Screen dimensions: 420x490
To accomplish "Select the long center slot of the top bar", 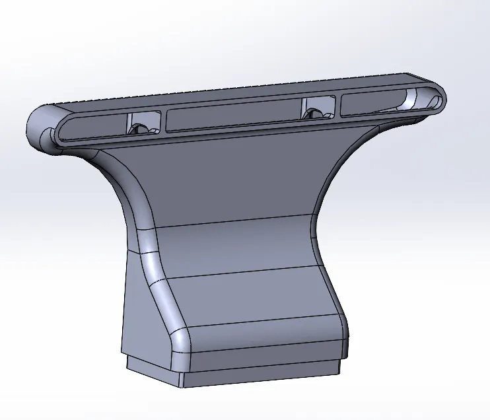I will pyautogui.click(x=231, y=118).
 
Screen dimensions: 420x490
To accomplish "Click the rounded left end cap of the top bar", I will pyautogui.click(x=41, y=125).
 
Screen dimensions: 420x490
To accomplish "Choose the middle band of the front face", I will pyautogui.click(x=238, y=248).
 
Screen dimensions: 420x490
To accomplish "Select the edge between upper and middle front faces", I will pyautogui.click(x=231, y=222).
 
